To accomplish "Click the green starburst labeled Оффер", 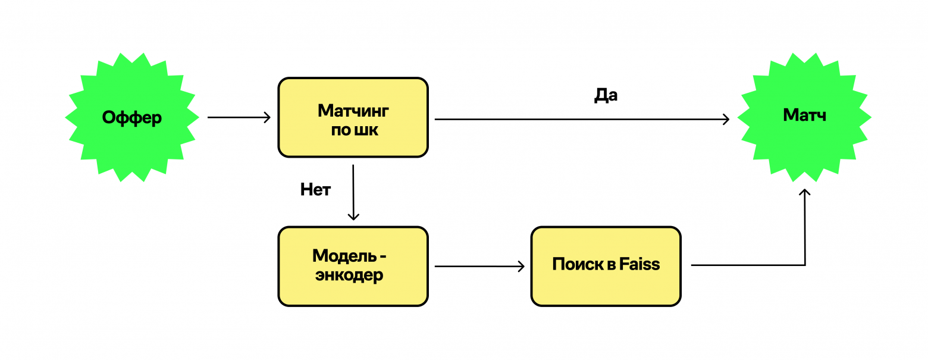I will (132, 118).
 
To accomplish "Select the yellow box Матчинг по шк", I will (353, 117).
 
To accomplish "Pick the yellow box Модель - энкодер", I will (353, 266).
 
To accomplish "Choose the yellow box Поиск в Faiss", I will (606, 266).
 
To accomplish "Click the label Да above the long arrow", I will (606, 96).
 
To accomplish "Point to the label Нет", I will (315, 190).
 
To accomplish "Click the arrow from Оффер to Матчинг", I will (238, 118).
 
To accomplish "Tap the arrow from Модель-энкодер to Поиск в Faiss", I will (479, 266).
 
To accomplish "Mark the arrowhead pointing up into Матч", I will (805, 192).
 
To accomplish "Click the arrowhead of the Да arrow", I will (726, 120).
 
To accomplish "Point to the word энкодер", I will (349, 276).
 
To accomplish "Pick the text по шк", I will (355, 130).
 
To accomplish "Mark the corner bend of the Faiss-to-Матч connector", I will (805, 265).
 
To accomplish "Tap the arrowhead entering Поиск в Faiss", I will (521, 266).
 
